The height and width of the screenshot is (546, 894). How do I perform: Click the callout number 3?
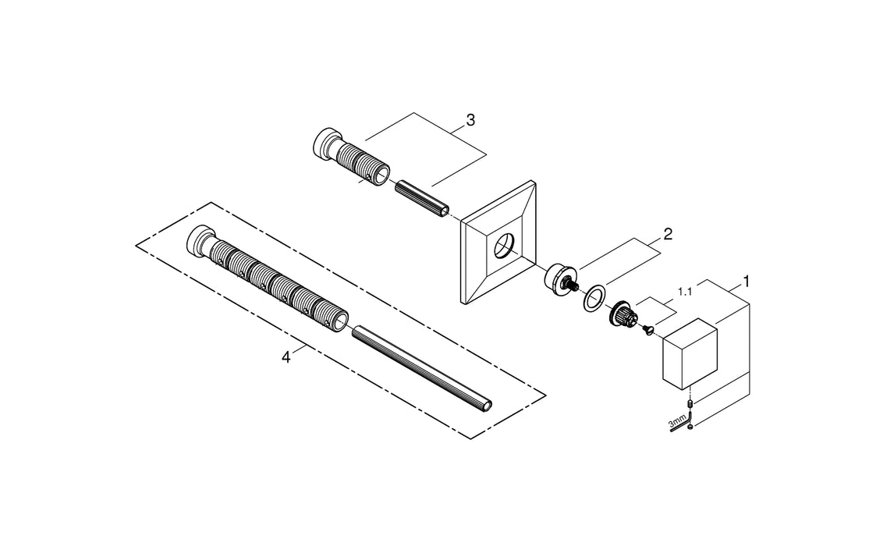(470, 120)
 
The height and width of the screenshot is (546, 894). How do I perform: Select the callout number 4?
(286, 356)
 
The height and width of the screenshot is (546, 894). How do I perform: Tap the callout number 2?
(668, 233)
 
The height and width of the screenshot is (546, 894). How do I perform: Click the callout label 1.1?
(686, 292)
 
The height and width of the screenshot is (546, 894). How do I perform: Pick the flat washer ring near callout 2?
(596, 299)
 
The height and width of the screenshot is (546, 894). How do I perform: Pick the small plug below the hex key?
(692, 427)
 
